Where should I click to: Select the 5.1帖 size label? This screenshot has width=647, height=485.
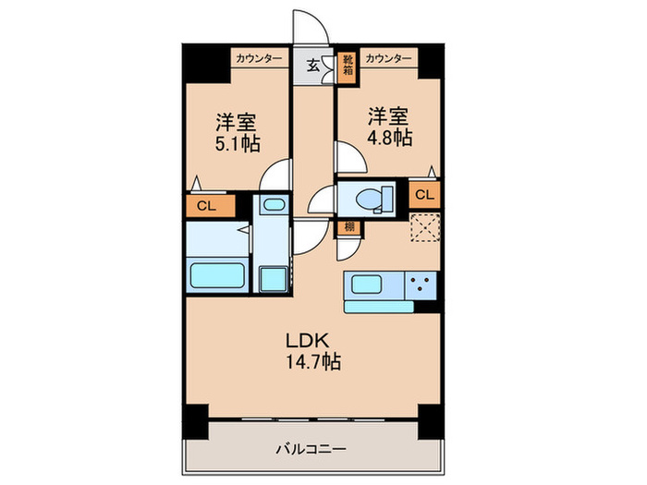click(237, 143)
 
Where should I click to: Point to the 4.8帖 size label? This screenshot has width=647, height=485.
click(389, 137)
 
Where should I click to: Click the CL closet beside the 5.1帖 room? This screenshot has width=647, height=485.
click(206, 206)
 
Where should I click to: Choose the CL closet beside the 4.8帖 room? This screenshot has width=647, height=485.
click(423, 195)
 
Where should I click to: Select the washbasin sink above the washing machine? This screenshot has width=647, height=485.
click(272, 206)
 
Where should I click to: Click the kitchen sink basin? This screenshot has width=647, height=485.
click(371, 285)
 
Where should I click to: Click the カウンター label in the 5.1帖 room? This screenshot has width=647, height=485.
click(259, 57)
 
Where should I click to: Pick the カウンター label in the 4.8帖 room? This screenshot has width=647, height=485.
click(389, 57)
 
